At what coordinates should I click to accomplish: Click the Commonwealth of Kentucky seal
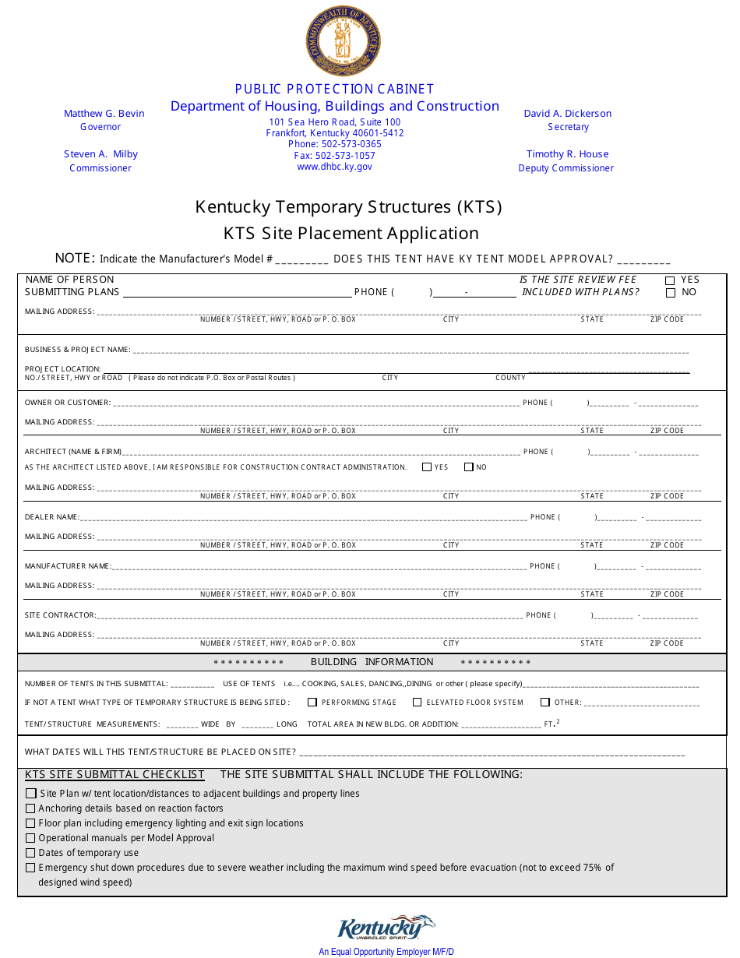343,41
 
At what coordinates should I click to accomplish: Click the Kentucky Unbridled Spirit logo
386,928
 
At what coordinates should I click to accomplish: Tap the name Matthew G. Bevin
104,114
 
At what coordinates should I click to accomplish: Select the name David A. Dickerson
567,114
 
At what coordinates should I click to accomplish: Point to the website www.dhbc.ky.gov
335,167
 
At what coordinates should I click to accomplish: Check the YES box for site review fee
670,280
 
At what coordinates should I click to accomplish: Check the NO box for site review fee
670,293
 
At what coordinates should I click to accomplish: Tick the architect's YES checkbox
427,467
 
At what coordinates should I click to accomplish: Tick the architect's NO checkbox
469,467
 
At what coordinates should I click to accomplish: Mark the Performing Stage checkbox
312,703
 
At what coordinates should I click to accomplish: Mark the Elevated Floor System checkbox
418,703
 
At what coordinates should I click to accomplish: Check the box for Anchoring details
31,808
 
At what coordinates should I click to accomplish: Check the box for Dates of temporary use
31,853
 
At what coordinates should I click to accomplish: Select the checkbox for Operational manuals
31,838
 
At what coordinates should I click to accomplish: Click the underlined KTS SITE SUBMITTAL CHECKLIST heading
115,775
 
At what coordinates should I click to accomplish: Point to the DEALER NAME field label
51,517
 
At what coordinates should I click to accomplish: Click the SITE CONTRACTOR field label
60,615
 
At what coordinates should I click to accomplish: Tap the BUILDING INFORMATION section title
372,662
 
